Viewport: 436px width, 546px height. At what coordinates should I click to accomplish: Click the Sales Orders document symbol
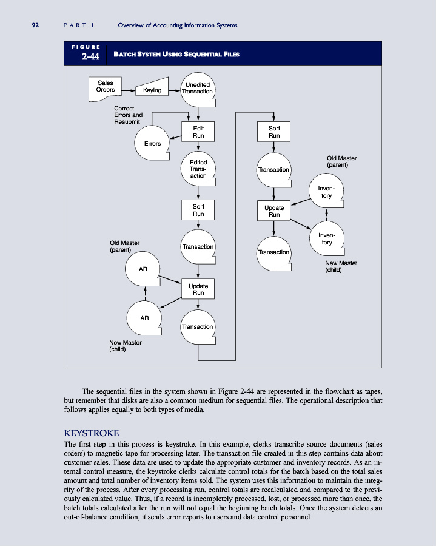pos(104,86)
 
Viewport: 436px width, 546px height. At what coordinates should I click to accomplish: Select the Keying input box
pos(152,90)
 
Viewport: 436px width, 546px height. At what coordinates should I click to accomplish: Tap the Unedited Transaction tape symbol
pos(198,88)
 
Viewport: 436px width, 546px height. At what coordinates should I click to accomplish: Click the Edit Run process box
pos(198,132)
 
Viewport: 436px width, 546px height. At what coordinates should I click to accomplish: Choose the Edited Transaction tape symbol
pos(198,169)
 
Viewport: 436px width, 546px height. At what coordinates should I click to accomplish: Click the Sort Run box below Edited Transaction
pos(198,211)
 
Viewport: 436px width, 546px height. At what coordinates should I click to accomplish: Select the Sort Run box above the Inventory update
pos(275,132)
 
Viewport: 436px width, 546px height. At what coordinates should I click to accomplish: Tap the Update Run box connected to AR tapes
pos(198,289)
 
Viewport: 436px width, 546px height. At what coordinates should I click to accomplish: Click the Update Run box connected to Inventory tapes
pos(275,211)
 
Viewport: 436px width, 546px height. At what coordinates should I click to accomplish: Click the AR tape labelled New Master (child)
pos(144,317)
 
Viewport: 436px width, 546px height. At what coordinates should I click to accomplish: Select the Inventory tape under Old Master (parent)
pos(326,192)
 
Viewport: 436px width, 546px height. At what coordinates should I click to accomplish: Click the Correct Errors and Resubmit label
pos(128,115)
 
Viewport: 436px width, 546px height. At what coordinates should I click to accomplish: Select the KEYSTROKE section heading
pos(91,433)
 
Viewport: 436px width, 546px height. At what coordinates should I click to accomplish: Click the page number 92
pos(35,25)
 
